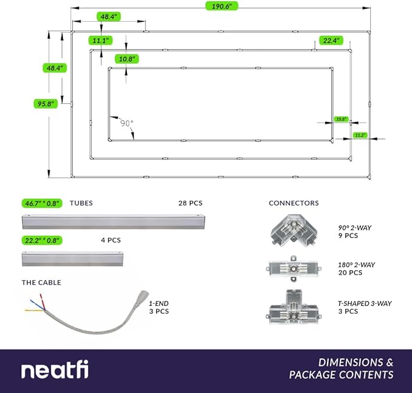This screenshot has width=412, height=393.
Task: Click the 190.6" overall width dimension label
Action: point(221,5)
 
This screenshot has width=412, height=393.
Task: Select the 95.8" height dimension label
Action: point(46,104)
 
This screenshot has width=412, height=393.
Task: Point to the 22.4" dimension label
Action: point(331,41)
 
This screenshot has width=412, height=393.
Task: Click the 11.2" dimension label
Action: point(360,135)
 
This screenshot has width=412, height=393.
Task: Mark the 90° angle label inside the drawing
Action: point(126,123)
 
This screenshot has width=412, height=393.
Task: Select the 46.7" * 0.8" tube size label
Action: point(42,203)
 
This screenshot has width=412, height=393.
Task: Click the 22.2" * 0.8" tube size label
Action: point(42,240)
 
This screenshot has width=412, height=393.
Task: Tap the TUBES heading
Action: point(81,203)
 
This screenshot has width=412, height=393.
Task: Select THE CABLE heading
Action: point(41,283)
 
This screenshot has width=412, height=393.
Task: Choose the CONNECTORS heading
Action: point(294,203)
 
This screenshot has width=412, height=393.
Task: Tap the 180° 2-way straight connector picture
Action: point(294,269)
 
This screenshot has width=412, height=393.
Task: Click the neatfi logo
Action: point(55,371)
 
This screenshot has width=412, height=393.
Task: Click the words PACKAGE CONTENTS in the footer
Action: point(341,375)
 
